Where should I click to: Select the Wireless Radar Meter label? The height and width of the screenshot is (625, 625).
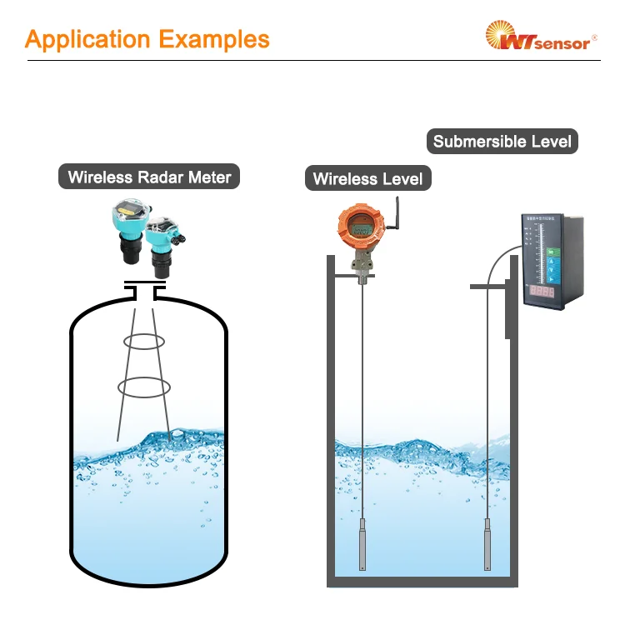(149, 177)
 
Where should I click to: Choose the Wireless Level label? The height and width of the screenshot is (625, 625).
(367, 178)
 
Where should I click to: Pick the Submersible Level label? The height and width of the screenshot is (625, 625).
(502, 141)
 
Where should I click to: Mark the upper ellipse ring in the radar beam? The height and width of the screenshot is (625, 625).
(144, 341)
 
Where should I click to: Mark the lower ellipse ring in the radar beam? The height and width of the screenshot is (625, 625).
(144, 386)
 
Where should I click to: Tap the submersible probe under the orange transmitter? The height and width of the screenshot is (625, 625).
(362, 542)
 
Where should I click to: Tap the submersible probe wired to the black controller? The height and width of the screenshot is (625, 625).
(487, 542)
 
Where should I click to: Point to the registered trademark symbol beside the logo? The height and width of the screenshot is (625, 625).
(594, 37)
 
